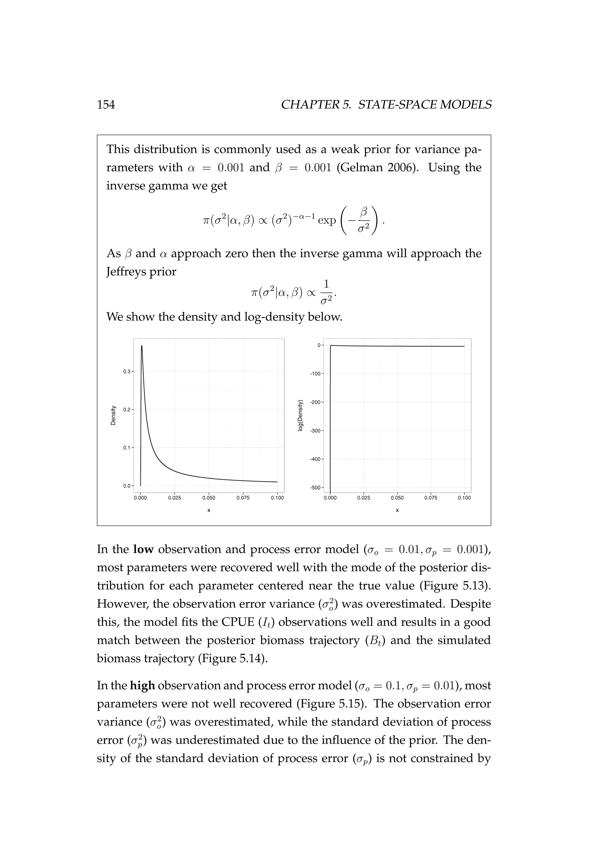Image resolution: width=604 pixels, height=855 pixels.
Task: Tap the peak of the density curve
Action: tap(142, 346)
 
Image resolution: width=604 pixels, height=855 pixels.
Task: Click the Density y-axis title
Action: tap(113, 415)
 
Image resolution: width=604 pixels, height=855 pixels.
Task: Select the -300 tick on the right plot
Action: tap(315, 431)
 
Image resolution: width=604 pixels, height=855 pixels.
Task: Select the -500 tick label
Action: tap(315, 488)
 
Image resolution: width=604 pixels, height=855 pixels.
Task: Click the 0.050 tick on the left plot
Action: tap(209, 498)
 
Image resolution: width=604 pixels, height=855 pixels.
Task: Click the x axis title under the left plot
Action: tap(209, 510)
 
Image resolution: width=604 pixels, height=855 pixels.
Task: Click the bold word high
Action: tap(142, 686)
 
